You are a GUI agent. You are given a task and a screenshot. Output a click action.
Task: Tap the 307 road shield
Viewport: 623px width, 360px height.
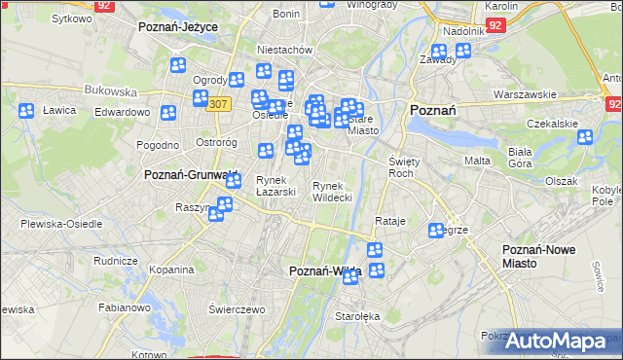pyautogui.click(x=218, y=104)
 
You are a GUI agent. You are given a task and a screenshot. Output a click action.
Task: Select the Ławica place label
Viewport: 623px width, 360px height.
pyautogui.click(x=59, y=110)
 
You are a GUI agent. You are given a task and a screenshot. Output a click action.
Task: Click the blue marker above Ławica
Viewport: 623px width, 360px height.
pyautogui.click(x=26, y=110)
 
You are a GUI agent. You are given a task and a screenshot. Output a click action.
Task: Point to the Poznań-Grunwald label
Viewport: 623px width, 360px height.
pyautogui.click(x=190, y=175)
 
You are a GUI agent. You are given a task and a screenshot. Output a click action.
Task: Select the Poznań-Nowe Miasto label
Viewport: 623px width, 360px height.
pyautogui.click(x=552, y=256)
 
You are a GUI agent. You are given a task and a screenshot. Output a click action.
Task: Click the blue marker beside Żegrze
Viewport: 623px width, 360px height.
pyautogui.click(x=435, y=231)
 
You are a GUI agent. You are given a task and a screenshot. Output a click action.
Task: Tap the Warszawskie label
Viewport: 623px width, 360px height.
pyautogui.click(x=525, y=94)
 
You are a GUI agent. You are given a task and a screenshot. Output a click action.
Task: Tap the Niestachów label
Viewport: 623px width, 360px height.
pyautogui.click(x=283, y=50)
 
